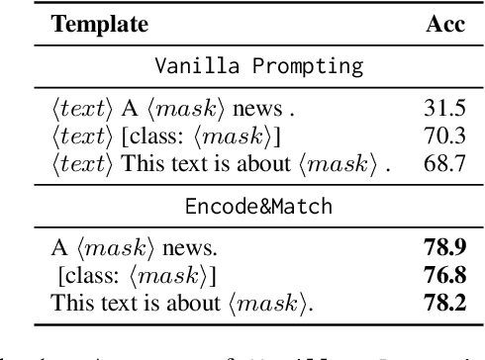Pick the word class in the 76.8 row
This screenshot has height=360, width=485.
click(90, 277)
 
